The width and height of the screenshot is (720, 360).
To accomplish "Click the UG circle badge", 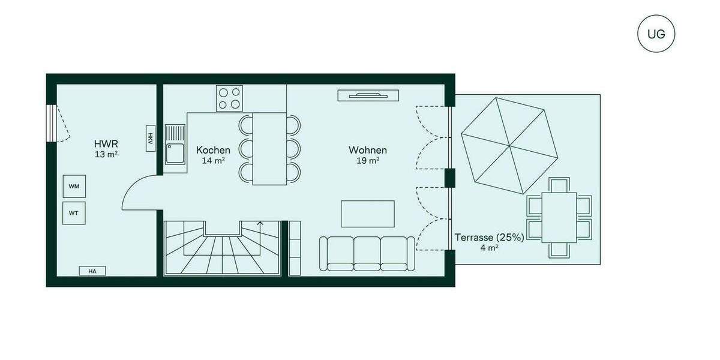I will (x=656, y=34).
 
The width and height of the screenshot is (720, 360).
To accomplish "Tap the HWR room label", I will (x=106, y=144).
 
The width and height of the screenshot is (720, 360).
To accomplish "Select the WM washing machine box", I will (x=74, y=187).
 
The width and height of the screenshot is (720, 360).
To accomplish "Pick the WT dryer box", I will (x=74, y=212).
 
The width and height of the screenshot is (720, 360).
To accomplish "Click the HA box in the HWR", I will (x=92, y=271).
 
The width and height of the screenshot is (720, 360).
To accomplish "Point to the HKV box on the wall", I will (x=149, y=139).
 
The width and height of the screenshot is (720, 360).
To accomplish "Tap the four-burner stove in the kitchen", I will (x=230, y=98).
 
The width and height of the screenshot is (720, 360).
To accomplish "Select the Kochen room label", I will (x=213, y=150).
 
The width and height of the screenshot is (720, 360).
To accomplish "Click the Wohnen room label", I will (x=368, y=150).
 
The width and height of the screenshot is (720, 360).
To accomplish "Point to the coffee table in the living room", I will (x=368, y=214).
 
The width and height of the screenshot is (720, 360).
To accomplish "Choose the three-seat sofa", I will (x=367, y=253).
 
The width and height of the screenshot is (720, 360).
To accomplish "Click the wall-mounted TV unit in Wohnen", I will (x=368, y=94).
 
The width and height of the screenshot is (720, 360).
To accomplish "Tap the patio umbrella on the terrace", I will (x=510, y=145).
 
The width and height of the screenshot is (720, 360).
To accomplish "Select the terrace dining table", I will (x=559, y=217).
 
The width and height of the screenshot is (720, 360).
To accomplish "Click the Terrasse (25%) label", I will (x=489, y=237).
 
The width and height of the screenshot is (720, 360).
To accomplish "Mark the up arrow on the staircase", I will (x=260, y=225).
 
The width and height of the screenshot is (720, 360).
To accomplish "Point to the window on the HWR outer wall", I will (x=52, y=122).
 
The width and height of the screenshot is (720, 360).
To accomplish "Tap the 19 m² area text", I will (x=368, y=161).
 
